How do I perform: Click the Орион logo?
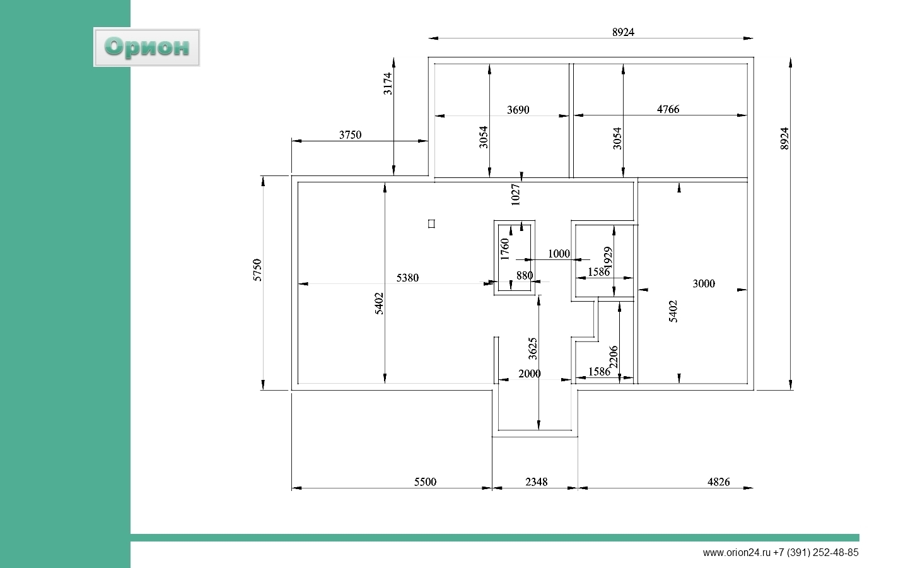(x=146, y=47)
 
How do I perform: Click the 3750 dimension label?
(x=350, y=134)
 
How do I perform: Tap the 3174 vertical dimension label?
(x=388, y=83)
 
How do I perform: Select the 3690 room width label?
(x=518, y=110)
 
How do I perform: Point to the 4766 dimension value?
(x=668, y=109)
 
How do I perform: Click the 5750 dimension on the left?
(x=257, y=270)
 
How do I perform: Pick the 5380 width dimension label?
(x=407, y=278)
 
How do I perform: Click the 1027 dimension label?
(x=515, y=195)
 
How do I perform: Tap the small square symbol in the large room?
(x=431, y=223)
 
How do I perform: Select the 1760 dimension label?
(x=504, y=249)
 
